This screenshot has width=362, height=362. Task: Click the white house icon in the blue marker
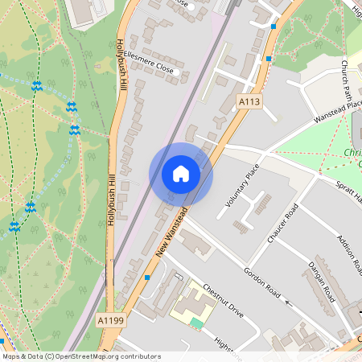coord(181,174)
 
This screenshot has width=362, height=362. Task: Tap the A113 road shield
coord(249,101)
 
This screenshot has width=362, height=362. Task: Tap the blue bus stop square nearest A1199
coord(147,276)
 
